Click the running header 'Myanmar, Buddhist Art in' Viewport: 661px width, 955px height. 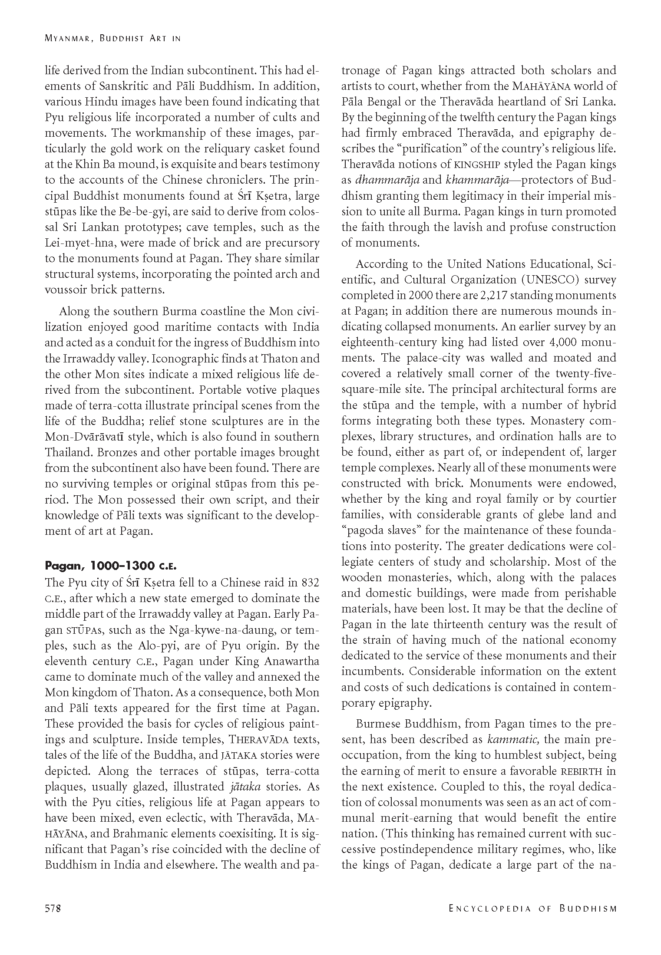(x=112, y=38)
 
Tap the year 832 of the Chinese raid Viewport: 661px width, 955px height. (x=309, y=583)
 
